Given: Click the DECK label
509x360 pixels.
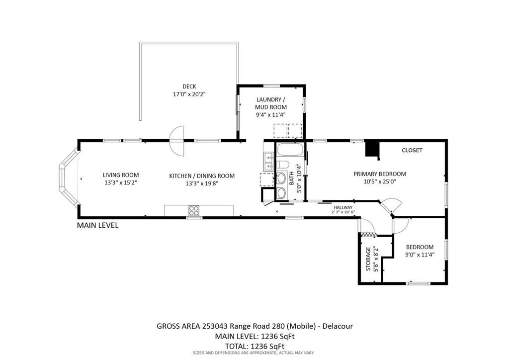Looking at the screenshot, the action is (x=189, y=87).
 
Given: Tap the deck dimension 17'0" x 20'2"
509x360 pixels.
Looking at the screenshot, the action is (x=189, y=94).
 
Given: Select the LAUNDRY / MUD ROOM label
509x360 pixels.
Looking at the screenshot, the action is (x=271, y=103).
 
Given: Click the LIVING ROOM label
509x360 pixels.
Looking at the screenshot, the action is (x=121, y=175).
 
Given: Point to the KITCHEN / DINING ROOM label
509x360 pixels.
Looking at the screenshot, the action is (x=202, y=176).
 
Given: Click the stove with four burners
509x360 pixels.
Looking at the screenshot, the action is (x=194, y=211).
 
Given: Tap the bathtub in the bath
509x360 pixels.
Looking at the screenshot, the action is (x=290, y=150).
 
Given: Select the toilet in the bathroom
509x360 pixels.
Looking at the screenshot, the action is (x=282, y=165).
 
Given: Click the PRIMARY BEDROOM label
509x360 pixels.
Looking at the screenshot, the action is (x=380, y=174).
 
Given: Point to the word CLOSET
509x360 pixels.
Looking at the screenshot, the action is (x=412, y=150).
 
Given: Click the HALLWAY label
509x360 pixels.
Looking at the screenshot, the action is (x=343, y=207).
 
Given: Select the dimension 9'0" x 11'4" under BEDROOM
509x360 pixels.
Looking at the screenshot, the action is (x=420, y=255).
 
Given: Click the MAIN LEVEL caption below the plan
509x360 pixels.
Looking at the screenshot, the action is (x=97, y=225).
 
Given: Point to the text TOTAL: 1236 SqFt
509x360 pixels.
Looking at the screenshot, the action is (x=254, y=346).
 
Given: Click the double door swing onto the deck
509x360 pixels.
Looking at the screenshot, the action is (x=177, y=141).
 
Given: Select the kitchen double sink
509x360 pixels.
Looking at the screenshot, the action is (x=269, y=162).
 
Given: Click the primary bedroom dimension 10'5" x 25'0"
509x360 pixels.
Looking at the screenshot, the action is (x=380, y=182).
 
